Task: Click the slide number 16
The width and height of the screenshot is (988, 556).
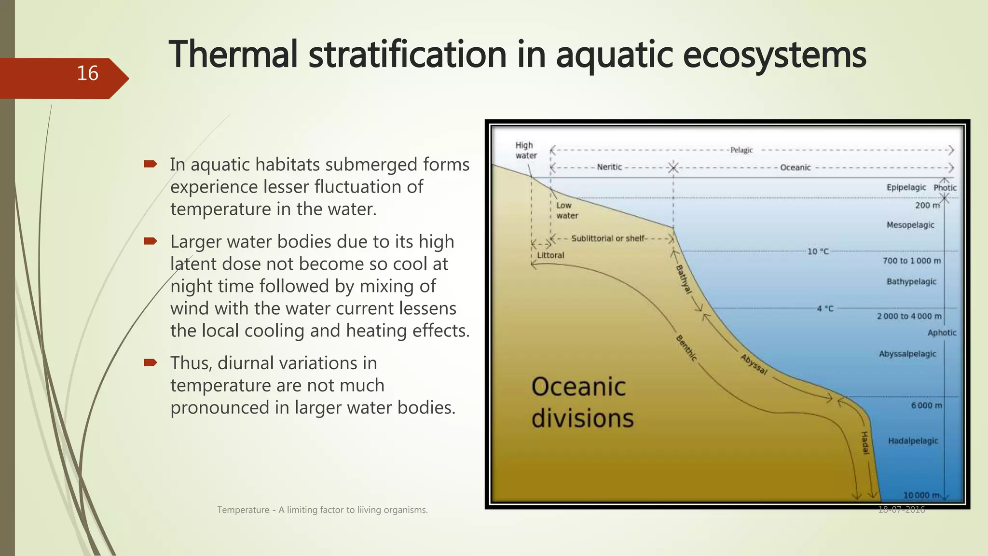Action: [87, 74]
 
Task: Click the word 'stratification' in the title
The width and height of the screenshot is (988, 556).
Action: [407, 55]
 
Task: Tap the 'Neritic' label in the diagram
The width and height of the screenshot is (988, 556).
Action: [609, 167]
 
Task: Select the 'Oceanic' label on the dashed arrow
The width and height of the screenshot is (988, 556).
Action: [795, 167]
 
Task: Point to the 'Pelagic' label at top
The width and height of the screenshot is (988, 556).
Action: [741, 150]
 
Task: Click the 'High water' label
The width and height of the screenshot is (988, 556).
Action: [525, 150]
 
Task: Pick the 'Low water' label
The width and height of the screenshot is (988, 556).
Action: [566, 210]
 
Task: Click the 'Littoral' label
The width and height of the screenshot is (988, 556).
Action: [550, 255]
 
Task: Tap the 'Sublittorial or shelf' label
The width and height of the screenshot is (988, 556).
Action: [608, 238]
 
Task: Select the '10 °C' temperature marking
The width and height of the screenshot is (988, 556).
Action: [818, 251]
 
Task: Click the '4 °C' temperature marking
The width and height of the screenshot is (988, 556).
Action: [825, 308]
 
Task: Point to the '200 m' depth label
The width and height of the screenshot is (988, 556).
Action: [927, 205]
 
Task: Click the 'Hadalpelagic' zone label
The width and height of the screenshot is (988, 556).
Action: [913, 441]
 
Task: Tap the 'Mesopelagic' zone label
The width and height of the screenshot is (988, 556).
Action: [910, 225]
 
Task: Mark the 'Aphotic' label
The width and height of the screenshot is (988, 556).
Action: [941, 333]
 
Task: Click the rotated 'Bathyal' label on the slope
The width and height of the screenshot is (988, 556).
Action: [684, 279]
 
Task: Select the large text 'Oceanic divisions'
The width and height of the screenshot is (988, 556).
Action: [582, 403]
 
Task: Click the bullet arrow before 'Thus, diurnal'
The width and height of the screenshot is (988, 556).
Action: [151, 362]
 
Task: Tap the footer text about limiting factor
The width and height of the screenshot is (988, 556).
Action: [322, 510]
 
